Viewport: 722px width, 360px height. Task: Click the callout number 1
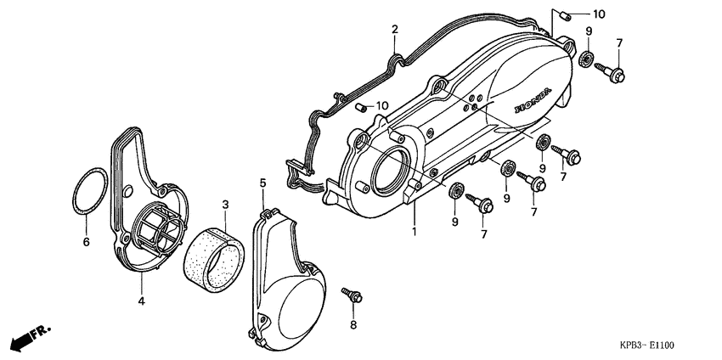click(415, 231)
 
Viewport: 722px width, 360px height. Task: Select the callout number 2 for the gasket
click(395, 30)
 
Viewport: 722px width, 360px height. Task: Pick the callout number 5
click(262, 183)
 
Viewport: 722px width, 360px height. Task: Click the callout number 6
click(85, 242)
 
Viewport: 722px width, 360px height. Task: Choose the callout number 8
click(353, 324)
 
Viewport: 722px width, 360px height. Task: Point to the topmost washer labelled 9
click(585, 59)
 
